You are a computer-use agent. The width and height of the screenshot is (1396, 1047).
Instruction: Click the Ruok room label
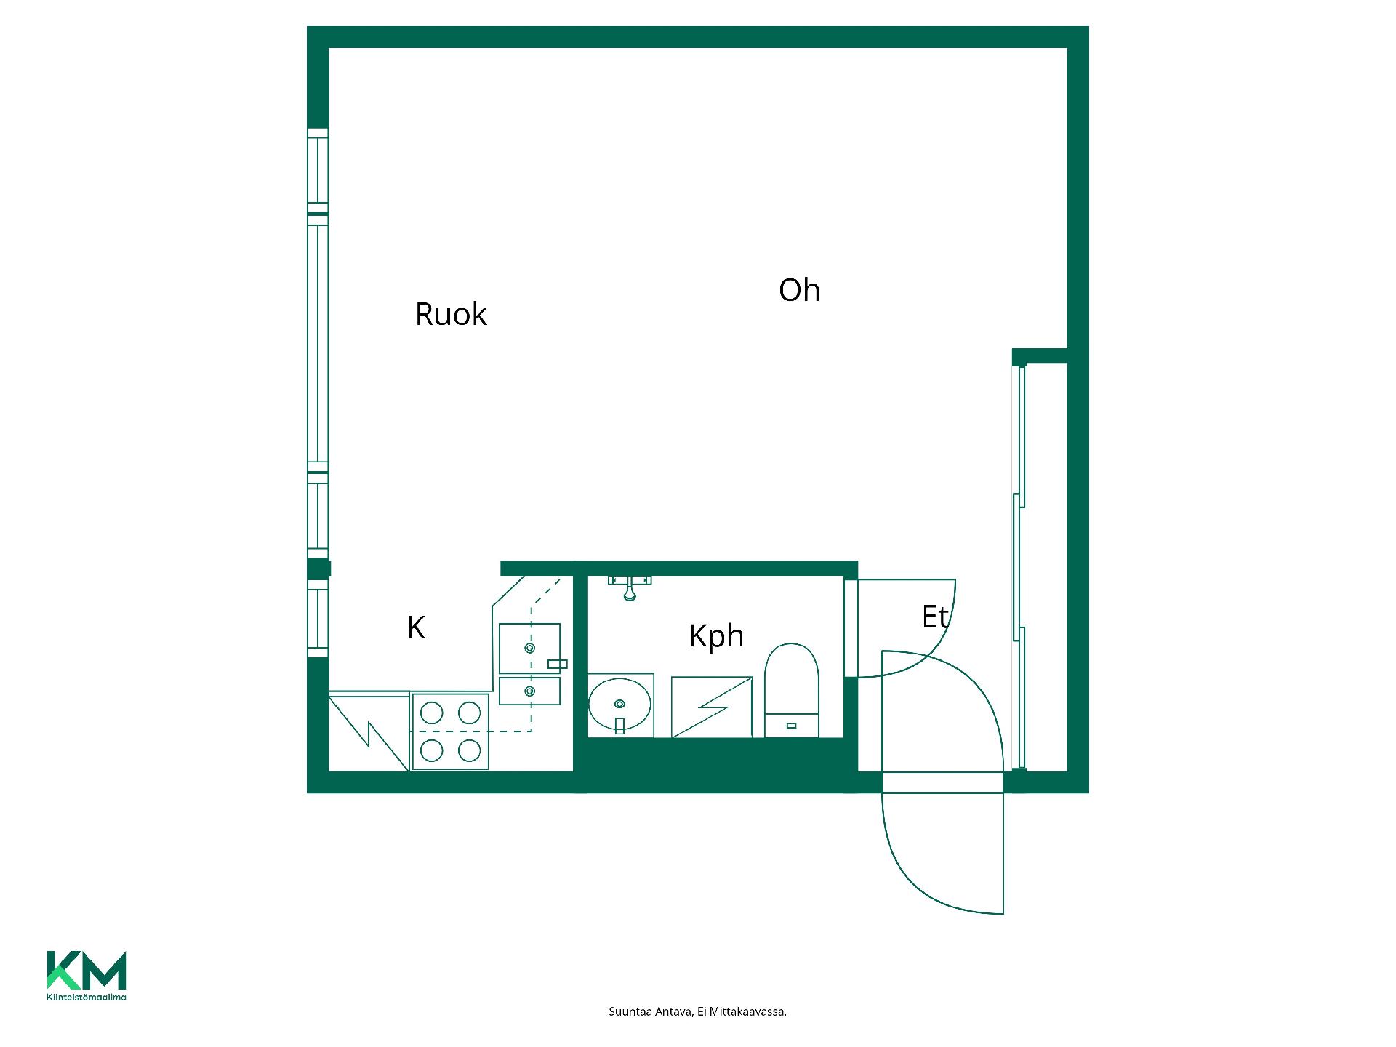[451, 314]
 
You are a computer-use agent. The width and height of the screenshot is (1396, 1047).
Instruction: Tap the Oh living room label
[799, 290]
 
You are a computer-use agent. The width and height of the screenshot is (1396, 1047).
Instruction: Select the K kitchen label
[416, 627]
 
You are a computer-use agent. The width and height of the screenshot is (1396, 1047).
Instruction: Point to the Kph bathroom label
[716, 636]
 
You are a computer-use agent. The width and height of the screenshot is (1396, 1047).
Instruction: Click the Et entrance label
[935, 617]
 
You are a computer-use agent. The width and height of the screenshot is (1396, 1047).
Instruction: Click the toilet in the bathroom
[792, 690]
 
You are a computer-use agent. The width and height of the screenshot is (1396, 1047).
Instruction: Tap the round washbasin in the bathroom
[619, 705]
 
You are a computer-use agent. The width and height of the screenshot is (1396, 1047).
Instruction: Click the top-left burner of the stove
[432, 713]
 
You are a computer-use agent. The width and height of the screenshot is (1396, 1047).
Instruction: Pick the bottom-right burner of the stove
[470, 750]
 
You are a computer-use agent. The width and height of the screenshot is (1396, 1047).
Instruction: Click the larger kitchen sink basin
[529, 648]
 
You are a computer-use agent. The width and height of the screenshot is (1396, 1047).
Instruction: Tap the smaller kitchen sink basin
[529, 691]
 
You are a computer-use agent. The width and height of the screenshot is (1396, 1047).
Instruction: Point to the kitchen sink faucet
[558, 664]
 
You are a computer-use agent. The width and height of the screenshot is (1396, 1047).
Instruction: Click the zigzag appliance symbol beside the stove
[369, 733]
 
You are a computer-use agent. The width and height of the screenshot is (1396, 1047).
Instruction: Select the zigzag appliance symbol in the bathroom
[712, 707]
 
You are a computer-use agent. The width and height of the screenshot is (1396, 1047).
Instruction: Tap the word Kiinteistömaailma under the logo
[87, 997]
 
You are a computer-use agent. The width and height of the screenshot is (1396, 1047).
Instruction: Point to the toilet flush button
[792, 726]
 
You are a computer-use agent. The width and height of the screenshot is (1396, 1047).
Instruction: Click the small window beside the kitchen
[318, 618]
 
